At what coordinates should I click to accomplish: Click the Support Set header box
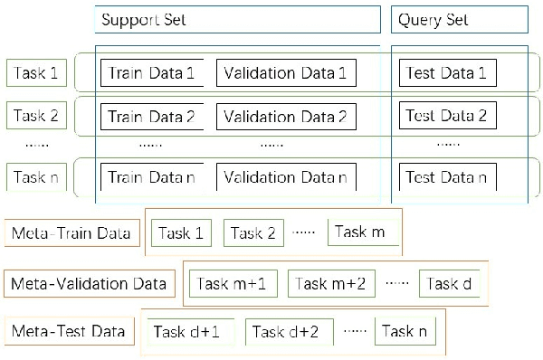pyautogui.click(x=237, y=20)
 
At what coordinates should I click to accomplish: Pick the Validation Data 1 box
pyautogui.click(x=285, y=73)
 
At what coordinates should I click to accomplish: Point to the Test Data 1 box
pyautogui.click(x=447, y=72)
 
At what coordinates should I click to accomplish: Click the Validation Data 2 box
pyautogui.click(x=285, y=117)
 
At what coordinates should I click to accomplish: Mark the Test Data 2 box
pyautogui.click(x=447, y=116)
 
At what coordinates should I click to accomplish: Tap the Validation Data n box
pyautogui.click(x=285, y=177)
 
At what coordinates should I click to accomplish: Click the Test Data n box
pyautogui.click(x=447, y=177)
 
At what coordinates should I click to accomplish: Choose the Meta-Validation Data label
pyautogui.click(x=89, y=283)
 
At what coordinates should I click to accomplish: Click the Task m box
pyautogui.click(x=360, y=232)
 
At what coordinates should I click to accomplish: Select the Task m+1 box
pyautogui.click(x=237, y=283)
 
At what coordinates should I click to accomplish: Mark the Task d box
pyautogui.click(x=450, y=283)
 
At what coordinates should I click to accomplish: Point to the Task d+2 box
pyautogui.click(x=286, y=332)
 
